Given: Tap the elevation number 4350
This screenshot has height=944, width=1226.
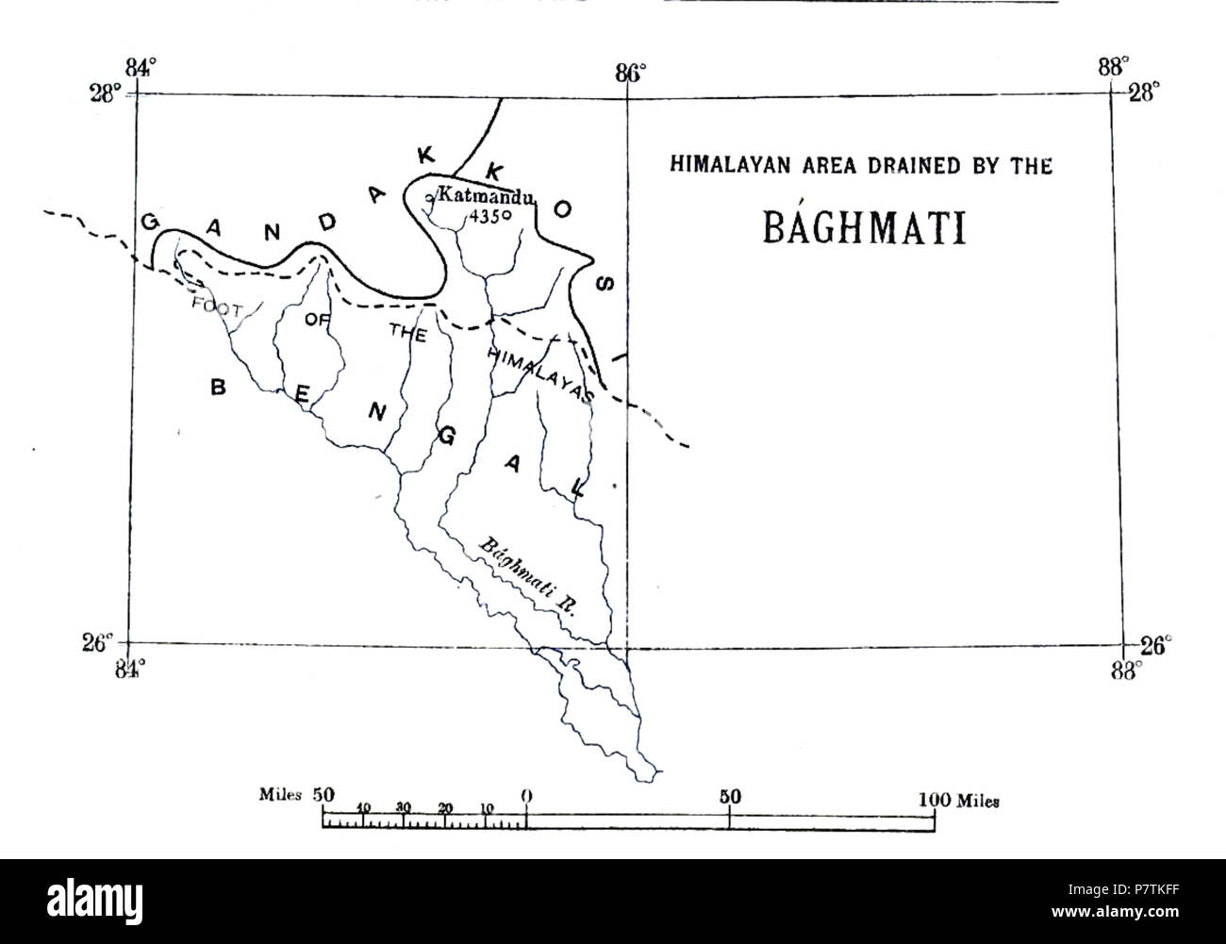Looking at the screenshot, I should pos(489,216).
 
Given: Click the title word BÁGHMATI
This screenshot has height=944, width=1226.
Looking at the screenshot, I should pos(864,227).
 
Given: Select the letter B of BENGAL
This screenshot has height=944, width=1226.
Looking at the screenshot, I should pos(217,388).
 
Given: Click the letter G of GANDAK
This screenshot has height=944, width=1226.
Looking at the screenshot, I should pos(150,221).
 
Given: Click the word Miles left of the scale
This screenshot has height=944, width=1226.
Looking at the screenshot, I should pos(280,795).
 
